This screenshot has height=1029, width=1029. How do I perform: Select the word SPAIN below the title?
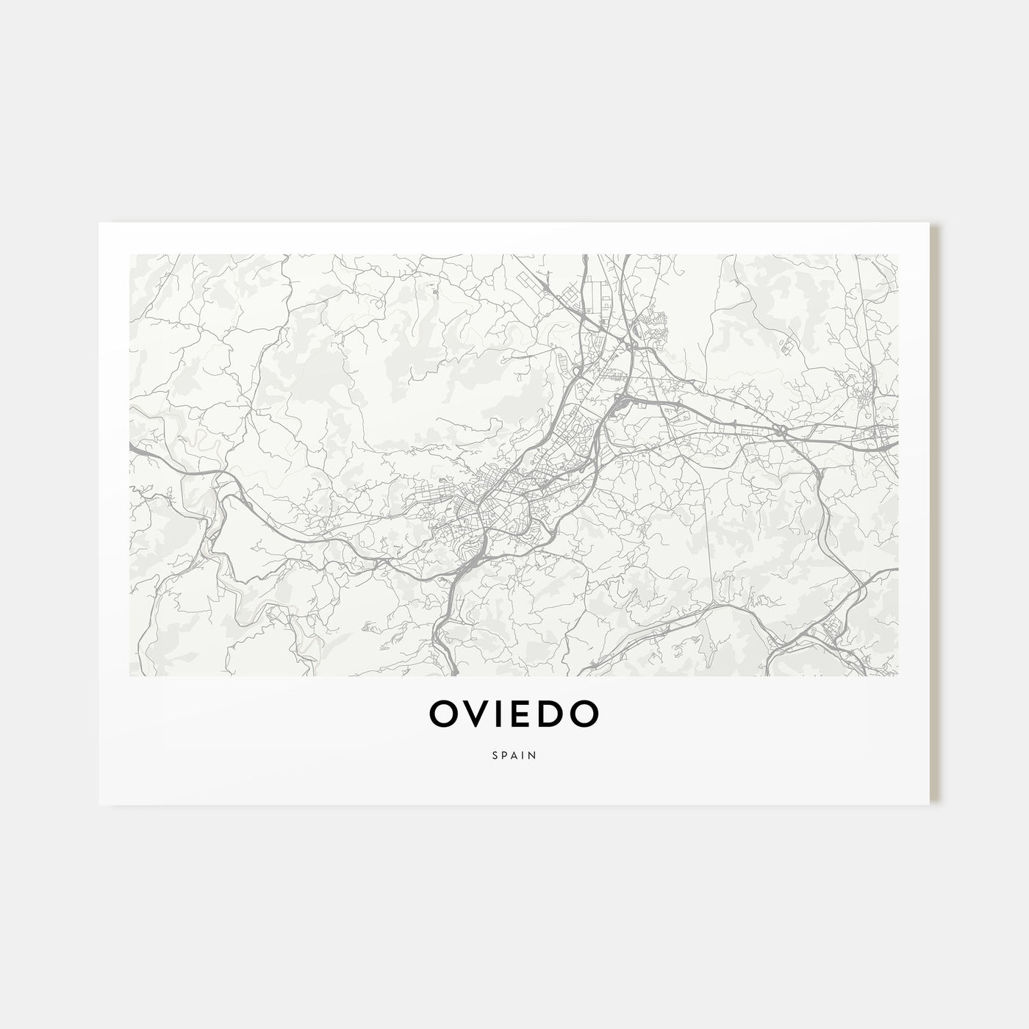(514, 753)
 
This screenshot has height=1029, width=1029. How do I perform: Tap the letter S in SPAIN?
(495, 753)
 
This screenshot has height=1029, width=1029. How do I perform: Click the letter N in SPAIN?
(533, 753)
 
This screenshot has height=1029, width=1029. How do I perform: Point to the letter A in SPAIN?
(514, 753)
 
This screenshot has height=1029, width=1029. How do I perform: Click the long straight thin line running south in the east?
(709, 514)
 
